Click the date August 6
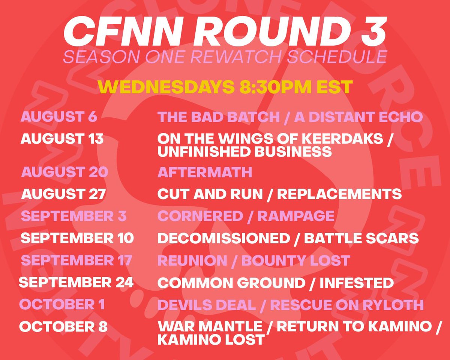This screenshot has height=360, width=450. [x=59, y=117]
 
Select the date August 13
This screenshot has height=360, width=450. [x=62, y=139]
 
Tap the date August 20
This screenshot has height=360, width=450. [x=65, y=172]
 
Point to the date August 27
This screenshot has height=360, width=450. [x=63, y=194]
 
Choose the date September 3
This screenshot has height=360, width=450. [x=74, y=216]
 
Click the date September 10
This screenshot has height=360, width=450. [x=77, y=238]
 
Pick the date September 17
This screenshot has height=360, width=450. [x=76, y=261]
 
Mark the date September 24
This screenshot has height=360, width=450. [x=76, y=283]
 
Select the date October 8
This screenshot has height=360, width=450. [x=63, y=327]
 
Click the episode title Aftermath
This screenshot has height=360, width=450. [x=205, y=172]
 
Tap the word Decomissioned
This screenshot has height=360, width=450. [x=224, y=238]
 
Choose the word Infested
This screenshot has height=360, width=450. [x=356, y=283]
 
